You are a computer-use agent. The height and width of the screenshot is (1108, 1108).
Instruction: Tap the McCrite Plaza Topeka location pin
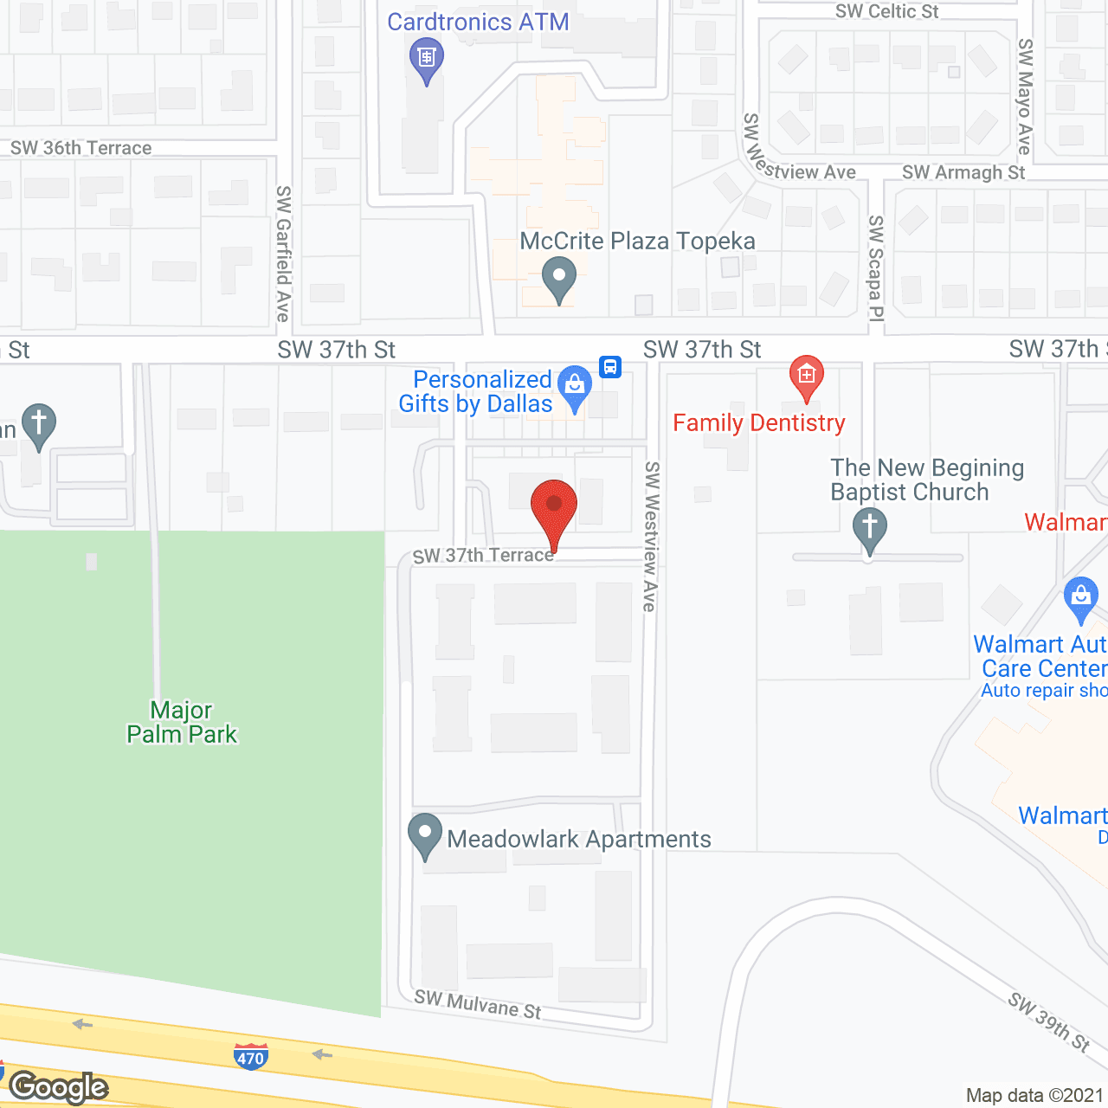click(x=559, y=279)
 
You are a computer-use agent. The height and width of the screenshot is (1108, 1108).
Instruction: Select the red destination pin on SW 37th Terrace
click(x=553, y=510)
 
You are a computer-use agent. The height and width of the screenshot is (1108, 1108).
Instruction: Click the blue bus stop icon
click(x=610, y=366)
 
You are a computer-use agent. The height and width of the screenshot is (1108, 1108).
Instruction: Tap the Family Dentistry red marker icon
click(x=806, y=377)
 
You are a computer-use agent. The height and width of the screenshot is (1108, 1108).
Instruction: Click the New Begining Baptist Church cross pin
click(x=869, y=527)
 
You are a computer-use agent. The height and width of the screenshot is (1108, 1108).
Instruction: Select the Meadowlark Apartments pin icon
click(x=425, y=835)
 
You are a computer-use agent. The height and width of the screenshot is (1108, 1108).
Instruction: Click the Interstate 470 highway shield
click(x=250, y=1057)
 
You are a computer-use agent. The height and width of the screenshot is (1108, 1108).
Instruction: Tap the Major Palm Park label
click(x=182, y=722)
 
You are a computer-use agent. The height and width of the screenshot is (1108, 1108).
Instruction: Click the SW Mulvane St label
click(x=478, y=1004)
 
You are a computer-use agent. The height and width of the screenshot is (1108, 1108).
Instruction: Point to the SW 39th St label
click(x=1049, y=1021)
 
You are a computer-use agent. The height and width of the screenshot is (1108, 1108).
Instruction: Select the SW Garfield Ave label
click(x=283, y=253)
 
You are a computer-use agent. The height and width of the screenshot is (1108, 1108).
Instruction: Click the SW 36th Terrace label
click(x=81, y=148)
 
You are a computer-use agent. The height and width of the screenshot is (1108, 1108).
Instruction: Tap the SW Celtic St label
click(x=886, y=11)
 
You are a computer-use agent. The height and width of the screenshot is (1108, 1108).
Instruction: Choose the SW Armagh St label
click(x=963, y=172)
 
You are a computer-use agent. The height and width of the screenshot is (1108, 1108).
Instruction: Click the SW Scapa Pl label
click(x=876, y=268)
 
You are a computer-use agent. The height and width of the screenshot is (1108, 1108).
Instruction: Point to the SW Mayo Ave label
click(x=1025, y=96)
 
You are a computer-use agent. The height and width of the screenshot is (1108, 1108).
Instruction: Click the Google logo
click(x=59, y=1087)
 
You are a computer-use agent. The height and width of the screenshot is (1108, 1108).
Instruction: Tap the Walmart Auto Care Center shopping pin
click(x=1080, y=598)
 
